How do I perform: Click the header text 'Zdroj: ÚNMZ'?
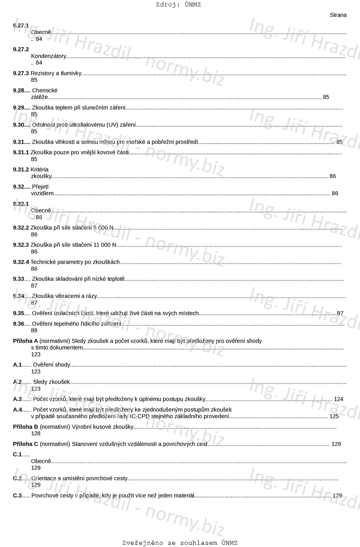[178, 5]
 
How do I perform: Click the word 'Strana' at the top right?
[338, 15]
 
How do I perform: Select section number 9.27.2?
[21, 49]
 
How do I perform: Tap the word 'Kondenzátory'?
[49, 56]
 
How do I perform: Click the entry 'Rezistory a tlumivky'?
[56, 73]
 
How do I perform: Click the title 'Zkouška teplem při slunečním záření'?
[79, 107]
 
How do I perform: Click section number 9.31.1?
[21, 152]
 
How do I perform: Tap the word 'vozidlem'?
[42, 193]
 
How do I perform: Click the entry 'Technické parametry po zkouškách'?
[75, 262]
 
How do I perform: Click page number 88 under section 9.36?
[34, 330]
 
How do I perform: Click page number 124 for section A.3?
[338, 399]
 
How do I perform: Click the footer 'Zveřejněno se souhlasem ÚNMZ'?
[180, 543]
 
